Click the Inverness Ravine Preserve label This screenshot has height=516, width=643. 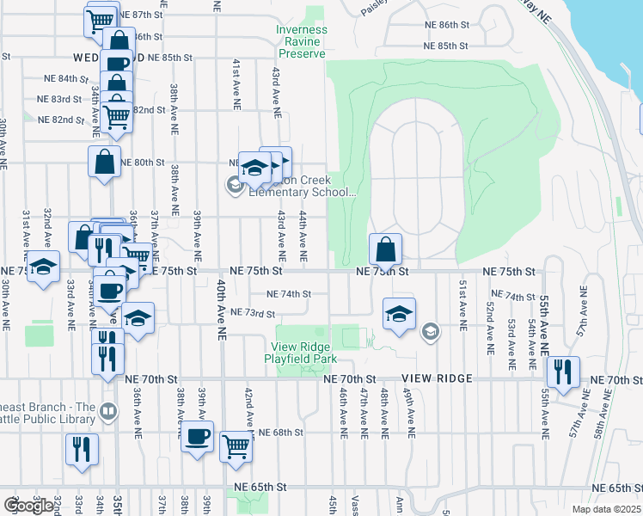pyautogui.click(x=301, y=41)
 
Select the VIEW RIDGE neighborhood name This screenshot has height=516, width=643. pyautogui.click(x=442, y=378)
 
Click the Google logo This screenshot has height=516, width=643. pyautogui.click(x=28, y=505)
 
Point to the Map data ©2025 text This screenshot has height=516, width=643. pyautogui.click(x=606, y=509)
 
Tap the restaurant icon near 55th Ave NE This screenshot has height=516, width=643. pyautogui.click(x=564, y=372)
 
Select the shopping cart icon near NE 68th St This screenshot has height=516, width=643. pyautogui.click(x=236, y=445)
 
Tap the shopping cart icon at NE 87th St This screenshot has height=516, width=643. pyautogui.click(x=101, y=18)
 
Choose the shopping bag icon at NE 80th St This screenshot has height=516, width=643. pyautogui.click(x=104, y=161)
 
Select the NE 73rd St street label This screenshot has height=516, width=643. pyautogui.click(x=252, y=312)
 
